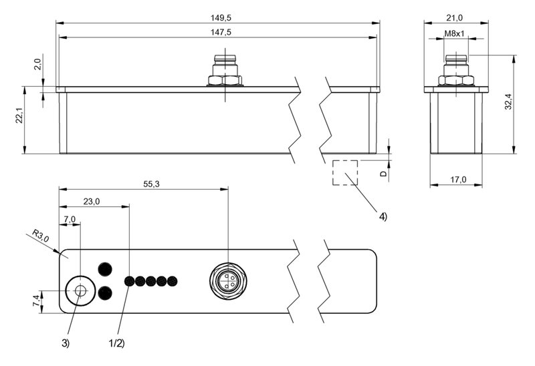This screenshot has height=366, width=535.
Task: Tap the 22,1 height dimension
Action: [19, 116]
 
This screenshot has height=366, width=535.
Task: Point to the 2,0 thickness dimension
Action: [37, 63]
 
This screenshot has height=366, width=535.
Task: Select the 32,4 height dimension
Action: [508, 102]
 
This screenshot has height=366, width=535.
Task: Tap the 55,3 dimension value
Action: [152, 184]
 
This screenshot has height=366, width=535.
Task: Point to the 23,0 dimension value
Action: [92, 202]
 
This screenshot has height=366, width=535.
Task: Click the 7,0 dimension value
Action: [70, 219]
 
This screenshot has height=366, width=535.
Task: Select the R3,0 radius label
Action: [41, 235]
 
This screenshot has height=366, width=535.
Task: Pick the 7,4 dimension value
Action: [36, 301]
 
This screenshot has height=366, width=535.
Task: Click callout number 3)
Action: [65, 343]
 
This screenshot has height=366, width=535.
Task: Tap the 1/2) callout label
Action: [116, 343]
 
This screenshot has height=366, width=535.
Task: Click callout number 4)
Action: [383, 216]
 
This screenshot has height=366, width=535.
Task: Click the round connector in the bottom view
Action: [228, 281]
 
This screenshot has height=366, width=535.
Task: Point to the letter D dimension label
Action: [383, 174]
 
